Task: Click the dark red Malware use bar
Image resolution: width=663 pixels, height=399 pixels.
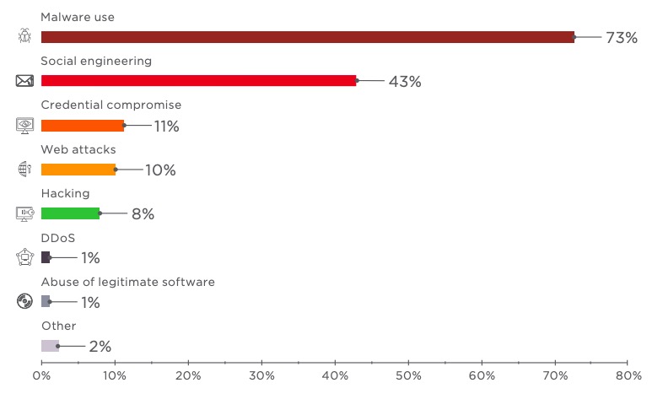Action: pos(307,37)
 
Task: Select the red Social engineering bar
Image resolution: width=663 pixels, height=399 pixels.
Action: pos(198,81)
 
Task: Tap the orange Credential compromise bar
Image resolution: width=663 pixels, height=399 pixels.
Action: pos(83,126)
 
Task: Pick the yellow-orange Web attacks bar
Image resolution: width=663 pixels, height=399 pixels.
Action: pos(78,170)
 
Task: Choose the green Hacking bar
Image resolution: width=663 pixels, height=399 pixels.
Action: pos(70,213)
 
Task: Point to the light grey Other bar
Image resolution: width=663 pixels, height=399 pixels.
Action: pos(50,346)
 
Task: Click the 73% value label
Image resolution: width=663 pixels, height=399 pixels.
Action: pos(622,38)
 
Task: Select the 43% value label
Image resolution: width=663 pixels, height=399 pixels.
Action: pos(405,82)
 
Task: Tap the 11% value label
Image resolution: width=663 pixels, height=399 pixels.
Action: pos(166,127)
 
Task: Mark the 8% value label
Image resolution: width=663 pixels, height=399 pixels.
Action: pos(143,214)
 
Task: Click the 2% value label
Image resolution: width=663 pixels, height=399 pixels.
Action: pos(100,347)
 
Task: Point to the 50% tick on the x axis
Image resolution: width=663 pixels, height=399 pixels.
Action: pos(408,375)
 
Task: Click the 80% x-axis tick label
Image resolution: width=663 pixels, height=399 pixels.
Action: pos(628,375)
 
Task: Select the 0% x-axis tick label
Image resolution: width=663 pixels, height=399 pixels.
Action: pos(41,375)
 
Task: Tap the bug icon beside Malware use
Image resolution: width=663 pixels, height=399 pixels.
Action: pos(24,36)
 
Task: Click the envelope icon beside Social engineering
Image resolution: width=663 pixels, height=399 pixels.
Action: pos(24,81)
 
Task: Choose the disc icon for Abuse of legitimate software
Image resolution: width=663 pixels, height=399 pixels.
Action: pos(24,301)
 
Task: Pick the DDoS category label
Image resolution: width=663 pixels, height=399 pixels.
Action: pos(58,238)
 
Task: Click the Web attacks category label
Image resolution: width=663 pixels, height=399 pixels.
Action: pos(78,149)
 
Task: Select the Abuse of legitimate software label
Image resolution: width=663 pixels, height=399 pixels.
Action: pos(127,282)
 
